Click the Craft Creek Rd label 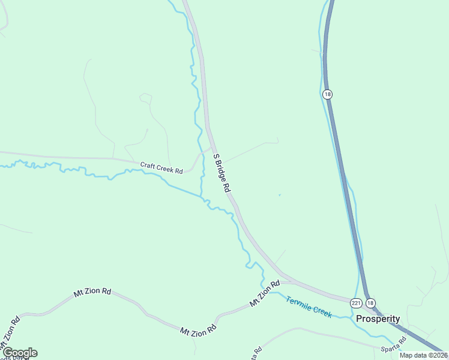(161, 168)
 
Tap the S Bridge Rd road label (222, 173)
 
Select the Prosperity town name (378, 319)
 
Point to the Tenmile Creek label (309, 307)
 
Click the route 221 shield (356, 303)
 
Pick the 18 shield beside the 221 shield (370, 303)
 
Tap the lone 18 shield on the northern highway (327, 94)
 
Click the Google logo (19, 353)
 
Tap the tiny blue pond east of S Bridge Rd (279, 194)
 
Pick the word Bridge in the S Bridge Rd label (221, 172)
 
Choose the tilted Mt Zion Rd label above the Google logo (10, 333)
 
